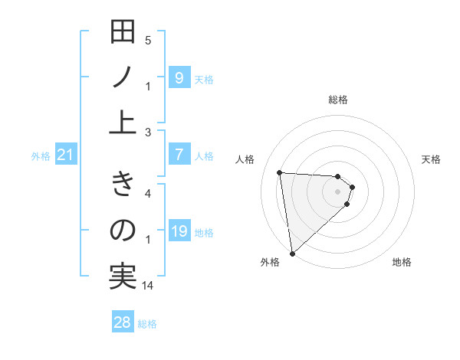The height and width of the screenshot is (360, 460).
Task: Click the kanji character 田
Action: click(123, 34)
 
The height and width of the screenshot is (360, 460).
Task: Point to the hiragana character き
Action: click(123, 185)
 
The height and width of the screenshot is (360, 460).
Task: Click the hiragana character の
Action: click(123, 231)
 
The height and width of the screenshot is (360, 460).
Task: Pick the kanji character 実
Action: click(123, 274)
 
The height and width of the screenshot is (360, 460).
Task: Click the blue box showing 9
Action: click(179, 77)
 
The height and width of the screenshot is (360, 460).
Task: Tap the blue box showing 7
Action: click(179, 155)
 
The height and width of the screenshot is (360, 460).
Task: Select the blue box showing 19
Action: click(179, 232)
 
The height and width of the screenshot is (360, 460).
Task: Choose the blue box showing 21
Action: click(66, 155)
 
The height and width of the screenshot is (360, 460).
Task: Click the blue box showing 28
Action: click(123, 322)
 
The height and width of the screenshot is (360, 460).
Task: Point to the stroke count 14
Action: click(148, 286)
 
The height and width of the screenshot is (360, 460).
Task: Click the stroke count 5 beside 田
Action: click(148, 40)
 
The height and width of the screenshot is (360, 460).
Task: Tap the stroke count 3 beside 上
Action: click(148, 132)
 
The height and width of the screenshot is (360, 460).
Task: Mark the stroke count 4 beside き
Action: click(148, 193)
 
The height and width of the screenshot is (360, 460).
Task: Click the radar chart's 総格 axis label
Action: click(338, 100)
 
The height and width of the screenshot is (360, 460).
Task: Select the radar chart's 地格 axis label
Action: click(402, 262)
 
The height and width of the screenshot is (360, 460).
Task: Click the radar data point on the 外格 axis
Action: click(292, 253)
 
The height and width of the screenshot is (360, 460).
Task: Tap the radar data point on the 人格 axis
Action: click(280, 172)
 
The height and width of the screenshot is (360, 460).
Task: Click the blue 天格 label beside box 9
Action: click(204, 79)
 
